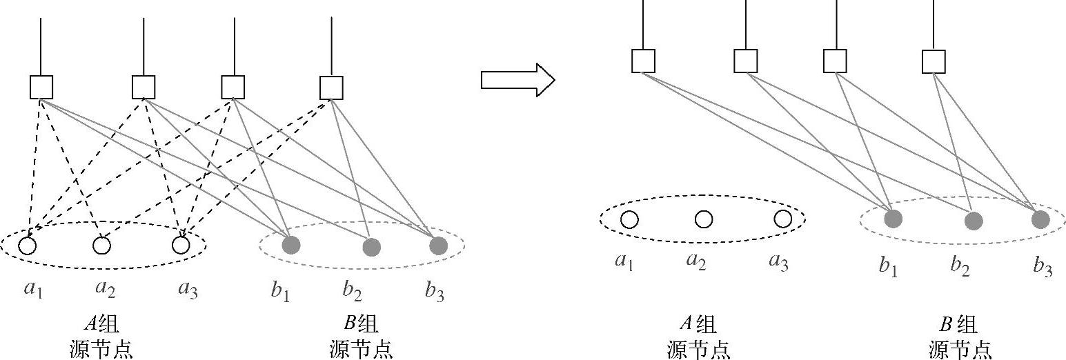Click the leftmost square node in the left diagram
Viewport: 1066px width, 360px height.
pyautogui.click(x=41, y=88)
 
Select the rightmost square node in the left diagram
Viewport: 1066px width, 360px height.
pyautogui.click(x=331, y=88)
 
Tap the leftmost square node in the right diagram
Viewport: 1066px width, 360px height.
pyautogui.click(x=643, y=61)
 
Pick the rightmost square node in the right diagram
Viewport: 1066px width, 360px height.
pyautogui.click(x=934, y=61)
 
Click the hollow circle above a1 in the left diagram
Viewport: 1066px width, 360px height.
pyautogui.click(x=28, y=245)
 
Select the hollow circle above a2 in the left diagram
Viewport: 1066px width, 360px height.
pyautogui.click(x=101, y=245)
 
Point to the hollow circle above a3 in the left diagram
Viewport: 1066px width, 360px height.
pyautogui.click(x=181, y=245)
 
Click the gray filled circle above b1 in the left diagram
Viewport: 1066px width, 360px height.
pyautogui.click(x=291, y=245)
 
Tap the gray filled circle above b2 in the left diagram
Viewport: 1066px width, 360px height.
pyautogui.click(x=371, y=247)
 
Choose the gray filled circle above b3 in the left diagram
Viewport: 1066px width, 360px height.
pyautogui.click(x=438, y=245)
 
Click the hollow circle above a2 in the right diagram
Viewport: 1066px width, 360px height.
pyautogui.click(x=703, y=219)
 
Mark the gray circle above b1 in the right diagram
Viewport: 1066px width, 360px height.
pyautogui.click(x=893, y=219)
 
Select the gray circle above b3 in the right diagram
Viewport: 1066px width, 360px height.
pyautogui.click(x=1040, y=219)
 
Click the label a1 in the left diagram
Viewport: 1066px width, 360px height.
pyautogui.click(x=33, y=289)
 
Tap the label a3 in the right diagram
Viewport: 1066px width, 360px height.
pyautogui.click(x=778, y=263)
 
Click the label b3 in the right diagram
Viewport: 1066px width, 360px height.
pyautogui.click(x=1043, y=266)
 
